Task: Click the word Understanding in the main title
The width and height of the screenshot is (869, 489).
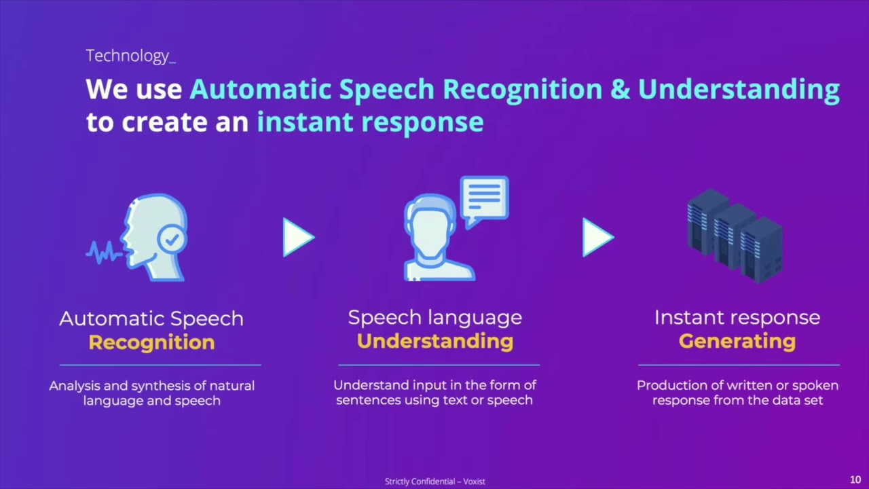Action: [x=738, y=90]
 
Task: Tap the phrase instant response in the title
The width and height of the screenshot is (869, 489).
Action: [x=370, y=122]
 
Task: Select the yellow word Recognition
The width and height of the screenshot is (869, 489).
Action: [x=151, y=342]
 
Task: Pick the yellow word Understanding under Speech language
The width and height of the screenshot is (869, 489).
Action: [x=434, y=341]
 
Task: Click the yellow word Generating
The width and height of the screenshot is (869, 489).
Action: [x=737, y=341]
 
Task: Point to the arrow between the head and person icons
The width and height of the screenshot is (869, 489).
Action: [x=298, y=238]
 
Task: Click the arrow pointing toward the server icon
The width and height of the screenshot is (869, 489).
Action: [x=597, y=238]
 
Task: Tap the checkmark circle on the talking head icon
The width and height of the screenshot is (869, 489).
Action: [x=172, y=239]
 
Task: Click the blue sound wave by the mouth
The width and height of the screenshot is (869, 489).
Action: [x=103, y=253]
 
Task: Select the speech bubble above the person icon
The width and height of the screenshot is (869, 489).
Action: [x=484, y=199]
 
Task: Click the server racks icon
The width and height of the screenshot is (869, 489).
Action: [x=735, y=236]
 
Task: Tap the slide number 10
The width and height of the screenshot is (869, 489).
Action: [x=855, y=480]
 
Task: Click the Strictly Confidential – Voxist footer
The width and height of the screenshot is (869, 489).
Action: [x=434, y=482]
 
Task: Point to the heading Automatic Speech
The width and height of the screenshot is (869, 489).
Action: [x=151, y=319]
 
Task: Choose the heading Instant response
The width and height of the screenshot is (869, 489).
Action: [x=737, y=317]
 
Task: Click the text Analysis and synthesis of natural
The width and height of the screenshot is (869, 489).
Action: [x=151, y=386]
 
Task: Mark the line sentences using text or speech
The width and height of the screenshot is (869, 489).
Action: [x=434, y=400]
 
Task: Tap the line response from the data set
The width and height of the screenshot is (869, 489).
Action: [x=737, y=400]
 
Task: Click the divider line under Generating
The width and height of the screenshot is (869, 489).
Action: [x=738, y=365]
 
